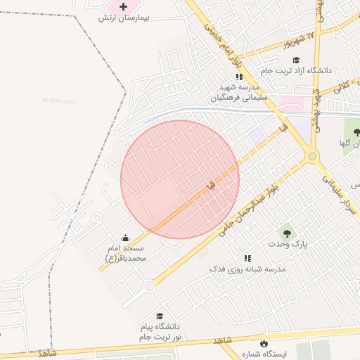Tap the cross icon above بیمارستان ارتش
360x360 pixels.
[124, 6]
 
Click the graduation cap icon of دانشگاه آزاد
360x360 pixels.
[296, 60]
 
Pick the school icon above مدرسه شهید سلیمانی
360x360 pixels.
[239, 77]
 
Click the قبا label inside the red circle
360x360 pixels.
[209, 185]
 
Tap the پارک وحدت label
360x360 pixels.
[288, 243]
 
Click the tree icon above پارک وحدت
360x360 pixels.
[286, 231]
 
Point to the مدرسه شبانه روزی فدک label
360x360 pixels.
[247, 269]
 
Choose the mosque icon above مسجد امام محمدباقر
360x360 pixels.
[126, 238]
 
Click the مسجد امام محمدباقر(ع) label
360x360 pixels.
[126, 253]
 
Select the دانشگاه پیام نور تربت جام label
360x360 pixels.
[160, 333]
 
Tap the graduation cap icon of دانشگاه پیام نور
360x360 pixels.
[160, 316]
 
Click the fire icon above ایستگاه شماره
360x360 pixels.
[264, 344]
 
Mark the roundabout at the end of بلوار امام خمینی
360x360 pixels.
[312, 156]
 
